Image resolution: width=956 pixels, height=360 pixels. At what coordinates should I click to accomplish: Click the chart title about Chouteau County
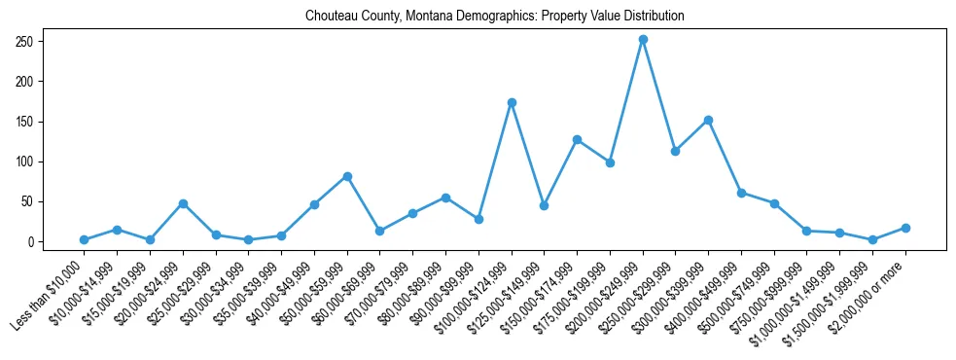click(494, 17)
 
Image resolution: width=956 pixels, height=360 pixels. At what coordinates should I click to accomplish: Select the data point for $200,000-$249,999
click(643, 40)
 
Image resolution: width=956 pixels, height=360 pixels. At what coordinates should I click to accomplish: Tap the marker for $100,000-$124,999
click(512, 102)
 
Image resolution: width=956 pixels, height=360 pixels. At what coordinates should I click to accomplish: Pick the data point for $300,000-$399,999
click(708, 120)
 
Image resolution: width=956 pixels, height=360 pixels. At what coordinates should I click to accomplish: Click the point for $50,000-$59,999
click(347, 176)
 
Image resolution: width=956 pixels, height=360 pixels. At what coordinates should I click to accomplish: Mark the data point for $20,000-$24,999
click(183, 203)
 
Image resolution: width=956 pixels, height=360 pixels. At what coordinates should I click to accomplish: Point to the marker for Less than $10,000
click(85, 239)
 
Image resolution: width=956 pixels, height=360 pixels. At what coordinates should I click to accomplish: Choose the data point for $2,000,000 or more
click(905, 228)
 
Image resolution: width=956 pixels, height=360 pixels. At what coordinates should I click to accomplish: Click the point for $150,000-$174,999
click(577, 139)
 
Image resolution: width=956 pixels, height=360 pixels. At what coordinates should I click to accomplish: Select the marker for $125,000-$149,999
click(544, 205)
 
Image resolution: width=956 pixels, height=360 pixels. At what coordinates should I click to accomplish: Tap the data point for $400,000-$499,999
click(741, 193)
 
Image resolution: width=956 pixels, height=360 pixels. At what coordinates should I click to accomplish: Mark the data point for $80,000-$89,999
click(445, 198)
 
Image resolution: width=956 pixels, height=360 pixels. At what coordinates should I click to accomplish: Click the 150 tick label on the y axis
click(24, 122)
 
